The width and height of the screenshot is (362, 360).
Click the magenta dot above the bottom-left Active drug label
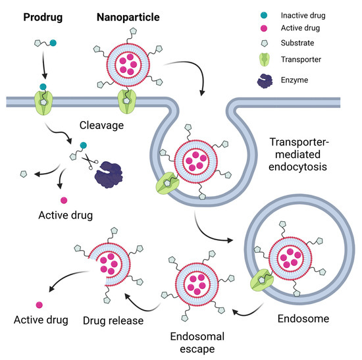coord(39,303)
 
